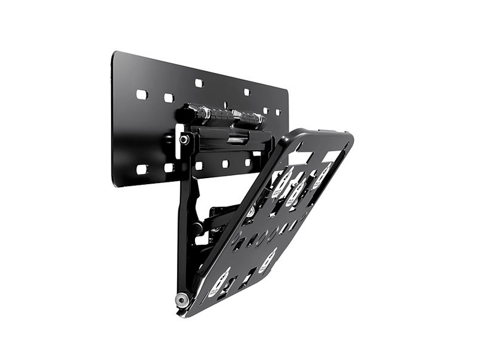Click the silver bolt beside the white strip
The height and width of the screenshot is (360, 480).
coord(184,139)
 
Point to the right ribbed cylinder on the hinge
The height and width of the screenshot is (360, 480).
coord(248,118)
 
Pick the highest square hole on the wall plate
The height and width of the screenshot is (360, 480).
coord(199,83)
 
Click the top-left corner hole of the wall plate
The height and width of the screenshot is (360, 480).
coord(142,95)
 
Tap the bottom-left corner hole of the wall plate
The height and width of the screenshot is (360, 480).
coord(142,169)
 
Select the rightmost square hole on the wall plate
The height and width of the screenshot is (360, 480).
coord(278,112)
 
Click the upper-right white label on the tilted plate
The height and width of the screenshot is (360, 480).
coord(322,175)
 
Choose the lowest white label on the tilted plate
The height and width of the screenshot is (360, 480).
coord(221,280)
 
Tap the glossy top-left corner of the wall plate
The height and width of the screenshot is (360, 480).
coord(115,55)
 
